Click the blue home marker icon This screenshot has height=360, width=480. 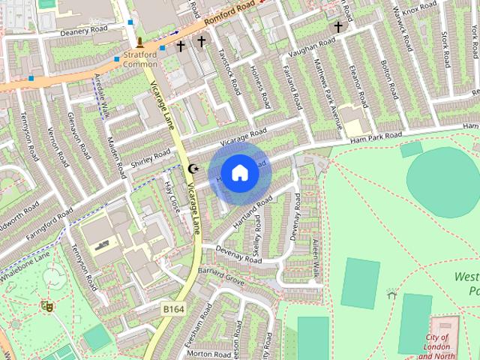(239, 172)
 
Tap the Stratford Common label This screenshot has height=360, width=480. (140, 58)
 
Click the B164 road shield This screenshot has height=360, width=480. (173, 307)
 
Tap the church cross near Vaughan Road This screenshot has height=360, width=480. (338, 27)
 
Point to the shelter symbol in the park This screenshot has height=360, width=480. (391, 293)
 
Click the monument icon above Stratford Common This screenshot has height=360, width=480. (140, 42)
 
